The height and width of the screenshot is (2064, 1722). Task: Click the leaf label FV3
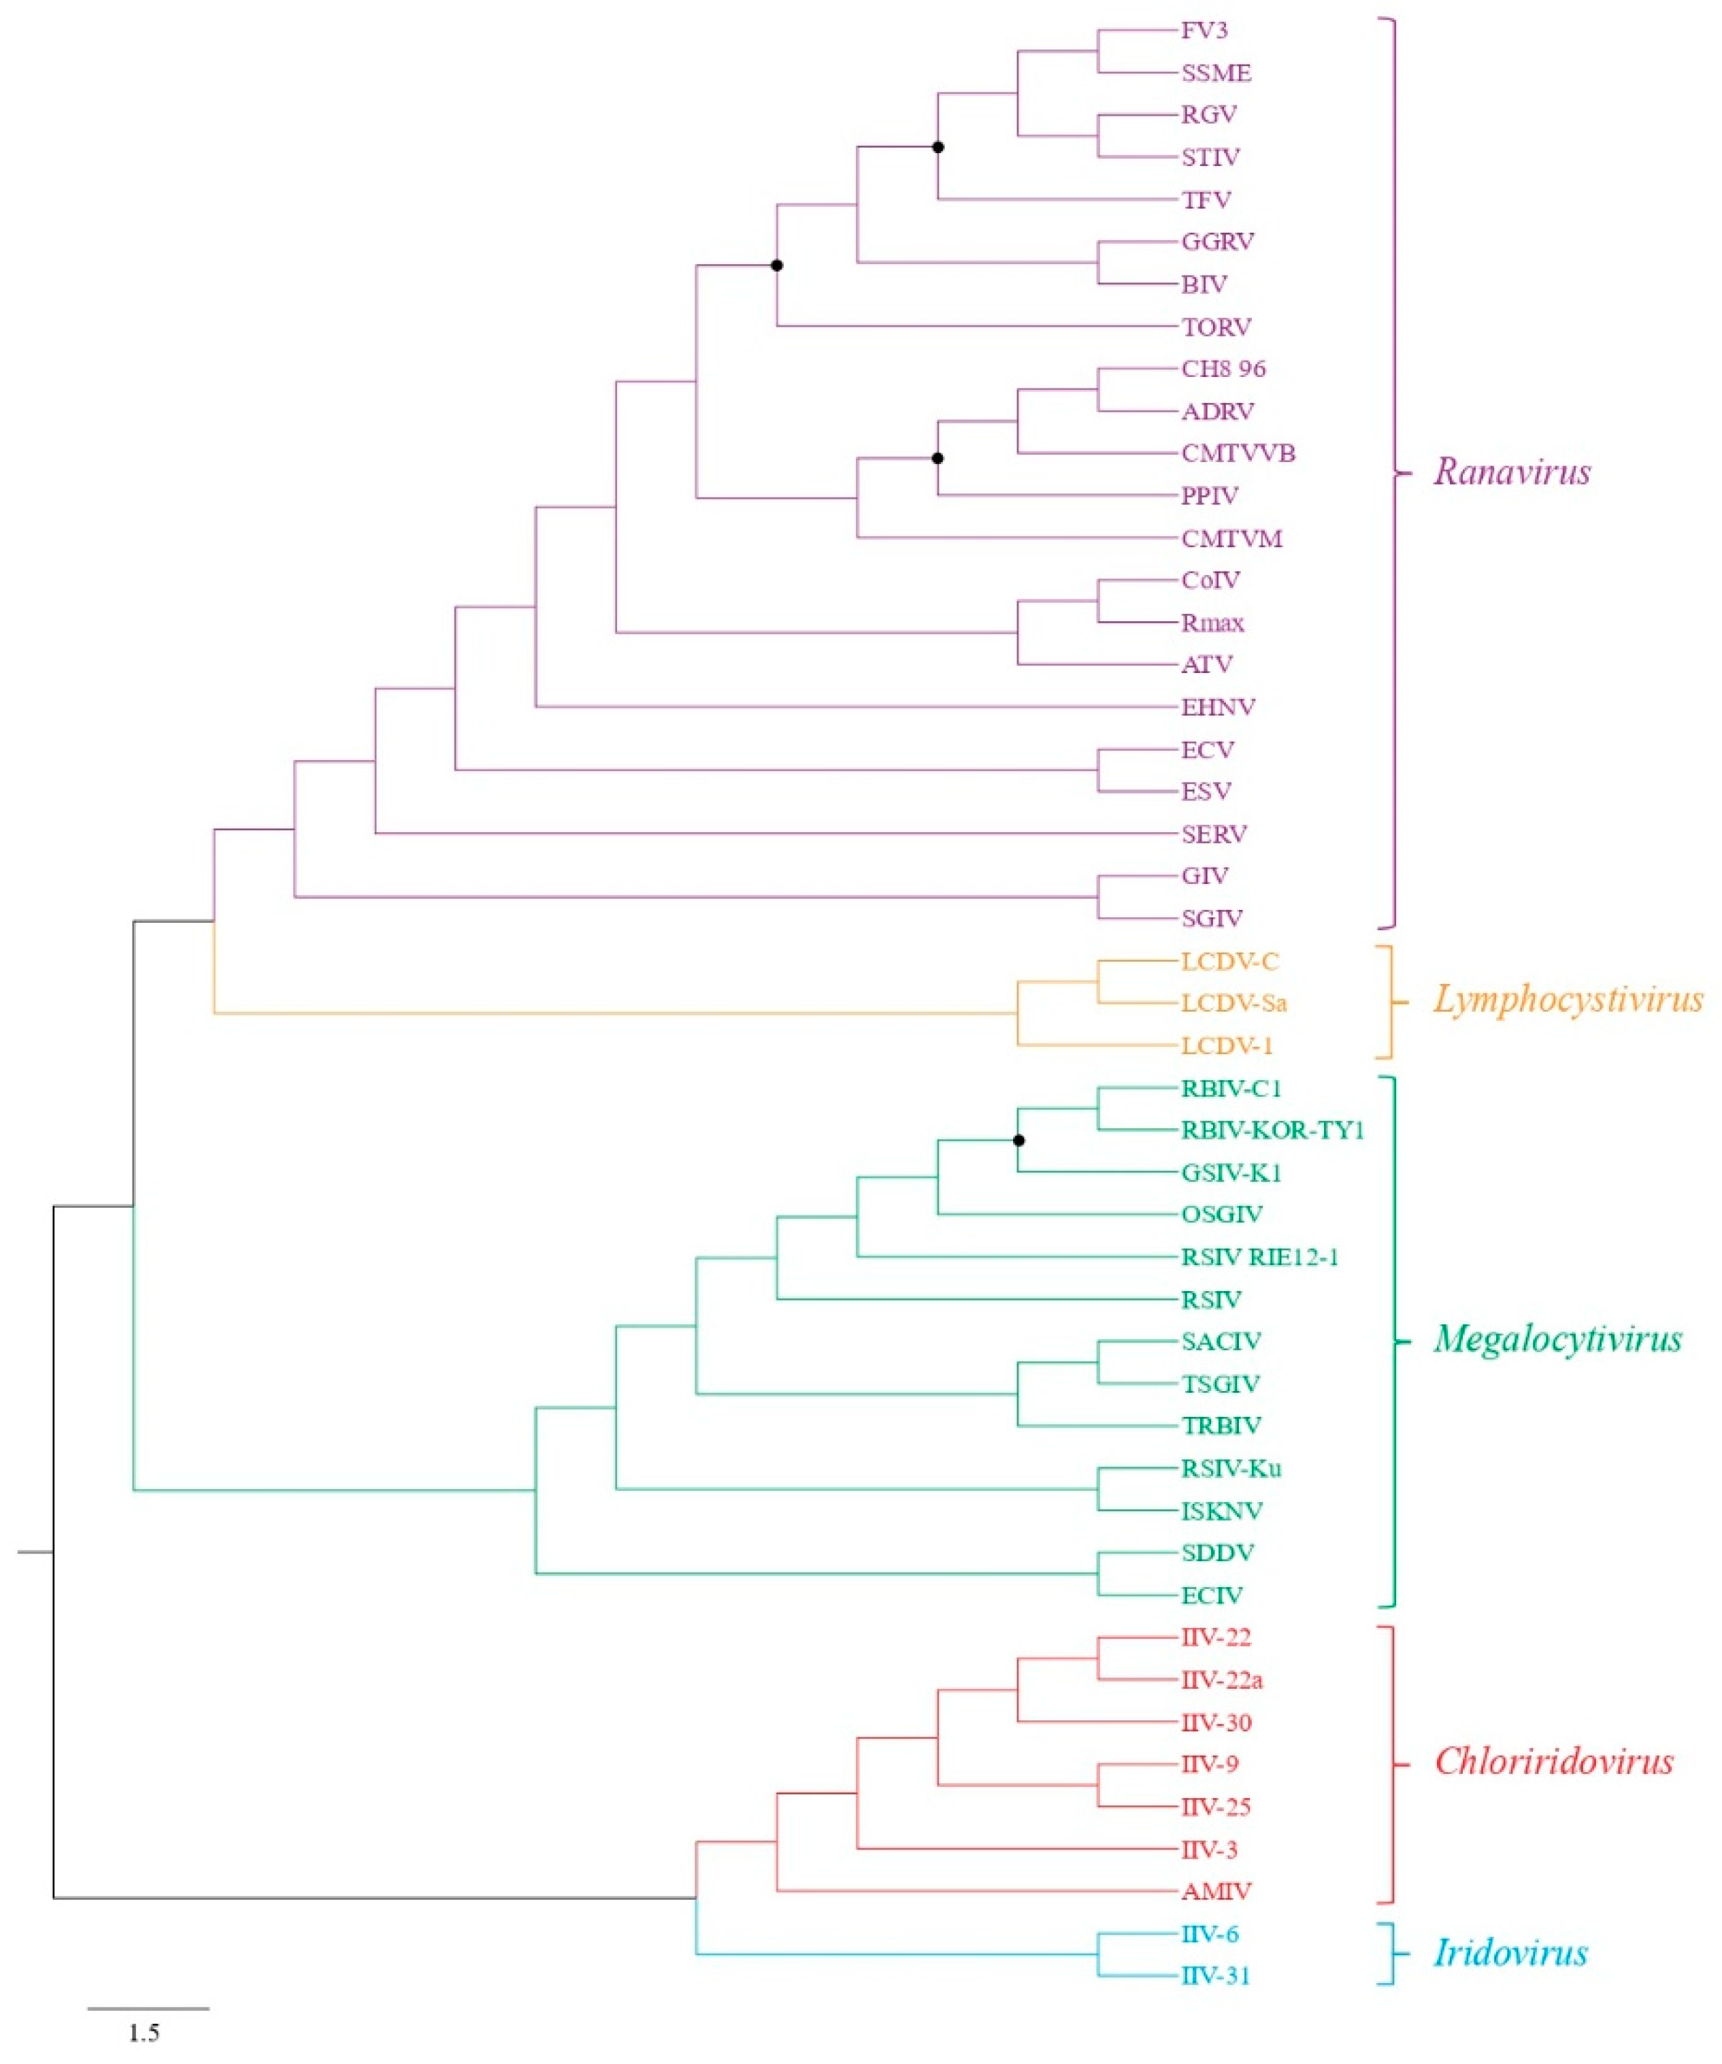(1204, 31)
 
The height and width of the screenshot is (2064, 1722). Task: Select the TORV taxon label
(1216, 327)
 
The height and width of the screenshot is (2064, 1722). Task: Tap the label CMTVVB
(1238, 453)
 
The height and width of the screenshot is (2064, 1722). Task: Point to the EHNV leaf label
(1218, 706)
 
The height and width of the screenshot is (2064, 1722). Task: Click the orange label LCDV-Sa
(1233, 1004)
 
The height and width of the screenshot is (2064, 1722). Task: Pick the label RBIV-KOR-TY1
(1272, 1130)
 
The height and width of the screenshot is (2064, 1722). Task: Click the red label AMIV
(1216, 1891)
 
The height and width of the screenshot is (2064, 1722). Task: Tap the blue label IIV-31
(1215, 1976)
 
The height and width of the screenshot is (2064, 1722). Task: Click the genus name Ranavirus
(1510, 473)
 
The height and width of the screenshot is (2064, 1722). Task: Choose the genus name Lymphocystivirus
(1567, 1000)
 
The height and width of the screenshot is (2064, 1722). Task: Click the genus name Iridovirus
(1510, 1953)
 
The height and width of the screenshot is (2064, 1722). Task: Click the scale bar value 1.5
(144, 2033)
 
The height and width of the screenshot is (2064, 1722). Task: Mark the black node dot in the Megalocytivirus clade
(1019, 1140)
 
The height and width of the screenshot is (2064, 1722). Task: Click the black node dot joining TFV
(938, 148)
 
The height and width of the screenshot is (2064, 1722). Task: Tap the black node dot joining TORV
(776, 265)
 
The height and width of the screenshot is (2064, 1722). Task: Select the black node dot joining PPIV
(938, 458)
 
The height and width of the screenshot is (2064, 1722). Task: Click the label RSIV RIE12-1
(1259, 1257)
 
